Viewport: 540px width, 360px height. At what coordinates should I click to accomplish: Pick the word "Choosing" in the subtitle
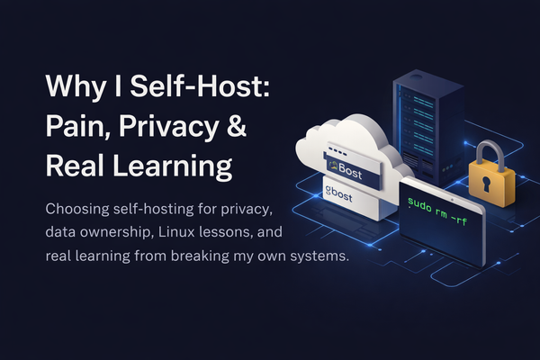78,209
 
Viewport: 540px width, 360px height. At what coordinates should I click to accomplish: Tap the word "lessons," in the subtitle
249,233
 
